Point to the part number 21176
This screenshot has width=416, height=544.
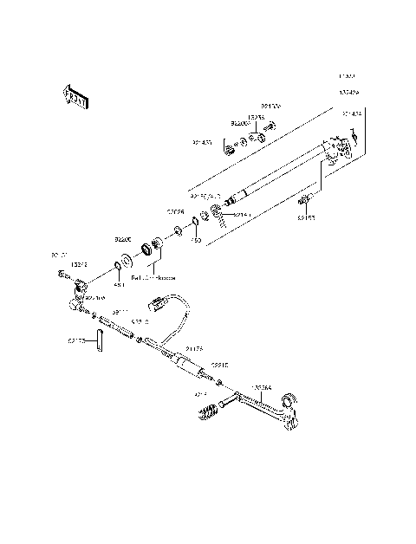point(195,347)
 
